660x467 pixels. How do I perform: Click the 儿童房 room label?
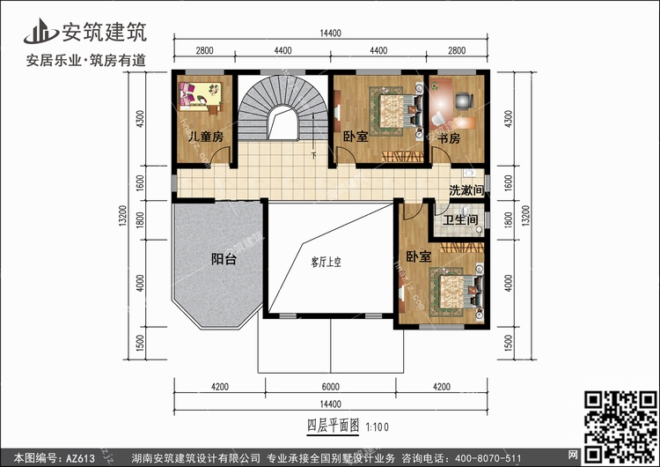click(x=206, y=137)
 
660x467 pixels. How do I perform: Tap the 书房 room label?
click(x=449, y=138)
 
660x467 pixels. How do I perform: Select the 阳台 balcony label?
click(x=224, y=259)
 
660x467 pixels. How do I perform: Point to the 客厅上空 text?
click(x=326, y=263)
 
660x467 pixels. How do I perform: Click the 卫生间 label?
click(x=460, y=219)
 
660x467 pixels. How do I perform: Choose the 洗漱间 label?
click(x=466, y=190)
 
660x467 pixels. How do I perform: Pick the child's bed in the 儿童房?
click(x=200, y=96)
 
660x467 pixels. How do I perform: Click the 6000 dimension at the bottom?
click(x=330, y=387)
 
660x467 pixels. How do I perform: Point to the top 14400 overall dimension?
click(x=330, y=33)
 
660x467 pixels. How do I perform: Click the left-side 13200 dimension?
click(x=122, y=216)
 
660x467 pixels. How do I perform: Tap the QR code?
click(x=621, y=426)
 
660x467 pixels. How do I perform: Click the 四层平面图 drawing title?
click(x=333, y=426)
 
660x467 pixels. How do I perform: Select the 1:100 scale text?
click(x=378, y=427)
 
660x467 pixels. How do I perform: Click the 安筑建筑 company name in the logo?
click(x=105, y=32)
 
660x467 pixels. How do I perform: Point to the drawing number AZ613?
click(x=80, y=458)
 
